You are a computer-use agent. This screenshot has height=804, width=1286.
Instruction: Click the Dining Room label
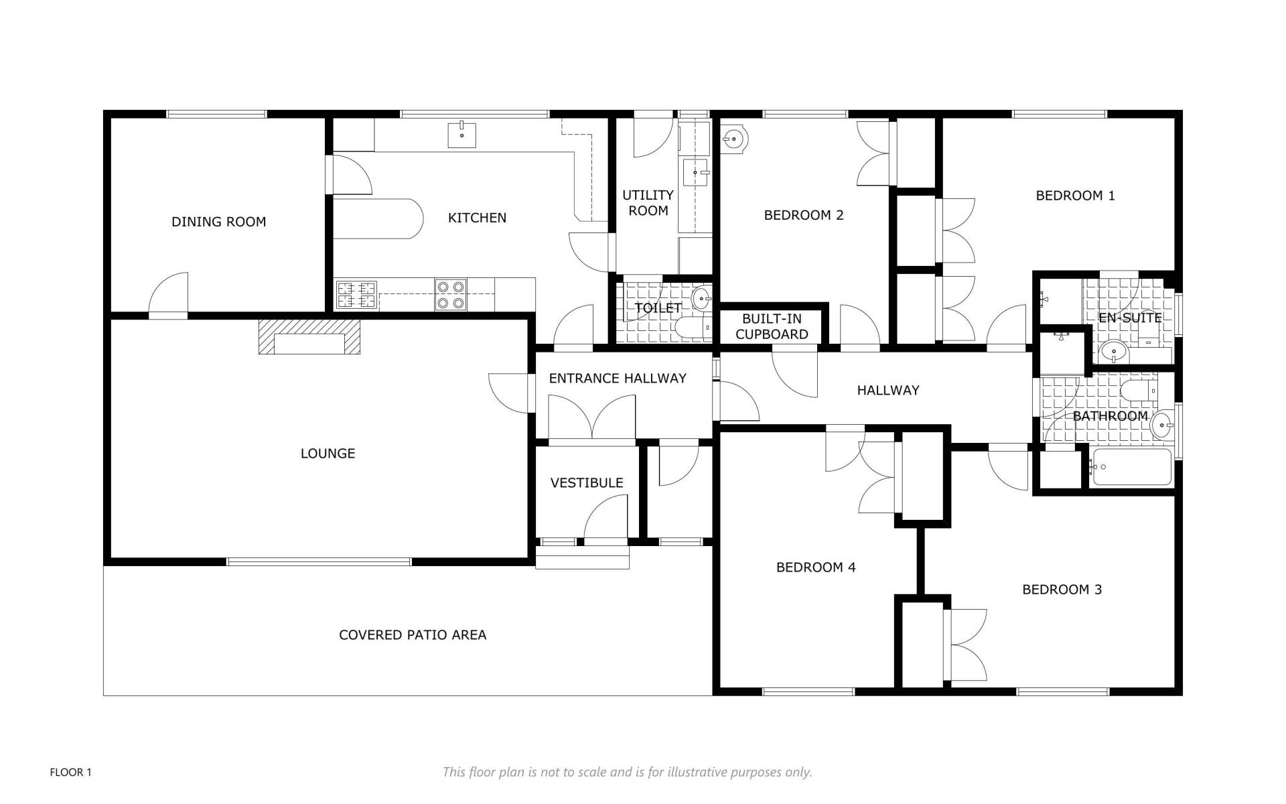(x=218, y=222)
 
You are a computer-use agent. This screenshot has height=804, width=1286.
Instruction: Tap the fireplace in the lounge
(x=309, y=336)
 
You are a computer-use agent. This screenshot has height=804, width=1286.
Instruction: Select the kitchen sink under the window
(x=461, y=135)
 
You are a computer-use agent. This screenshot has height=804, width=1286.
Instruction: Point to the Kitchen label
(x=477, y=218)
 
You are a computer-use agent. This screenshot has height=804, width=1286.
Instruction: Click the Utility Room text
(x=648, y=202)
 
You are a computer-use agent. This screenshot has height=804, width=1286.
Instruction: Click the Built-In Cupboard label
(x=772, y=326)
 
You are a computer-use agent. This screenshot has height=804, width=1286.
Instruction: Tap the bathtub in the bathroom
(x=1131, y=467)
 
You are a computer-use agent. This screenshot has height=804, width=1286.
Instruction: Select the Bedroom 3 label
(x=1062, y=590)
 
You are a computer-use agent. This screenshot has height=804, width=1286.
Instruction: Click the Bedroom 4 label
(x=816, y=567)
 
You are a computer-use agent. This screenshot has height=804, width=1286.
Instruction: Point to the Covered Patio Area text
(x=413, y=635)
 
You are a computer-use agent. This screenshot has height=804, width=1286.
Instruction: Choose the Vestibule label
(x=587, y=483)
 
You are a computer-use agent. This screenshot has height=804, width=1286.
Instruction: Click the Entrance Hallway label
(x=618, y=379)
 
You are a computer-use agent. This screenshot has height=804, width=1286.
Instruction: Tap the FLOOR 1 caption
(x=71, y=773)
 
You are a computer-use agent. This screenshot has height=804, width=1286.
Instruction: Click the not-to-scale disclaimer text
(x=628, y=773)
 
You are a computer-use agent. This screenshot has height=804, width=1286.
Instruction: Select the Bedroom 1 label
(x=1075, y=196)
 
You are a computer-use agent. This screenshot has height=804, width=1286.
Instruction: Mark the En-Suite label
(x=1130, y=318)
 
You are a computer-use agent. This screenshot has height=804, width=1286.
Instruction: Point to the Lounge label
(x=328, y=454)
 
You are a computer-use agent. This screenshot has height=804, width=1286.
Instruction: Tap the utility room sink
(x=696, y=173)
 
